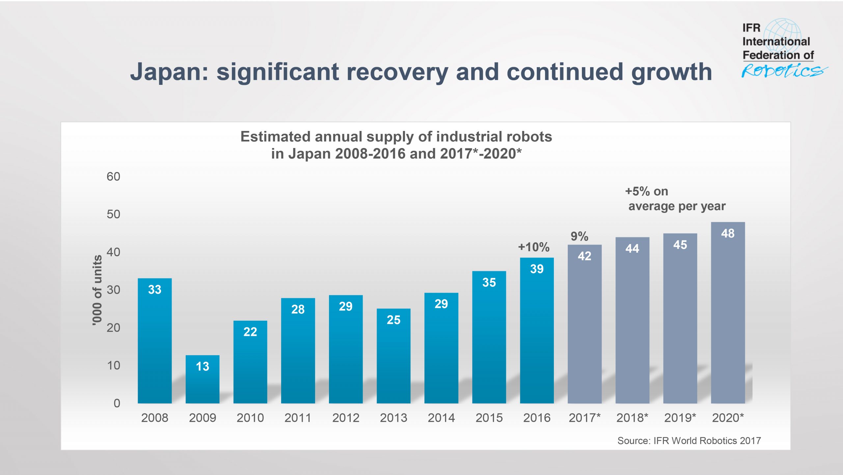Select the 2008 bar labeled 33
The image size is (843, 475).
click(x=154, y=342)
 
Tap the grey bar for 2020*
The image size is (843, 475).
click(x=728, y=316)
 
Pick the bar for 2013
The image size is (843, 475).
click(x=394, y=359)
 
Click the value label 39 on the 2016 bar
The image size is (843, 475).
click(x=537, y=269)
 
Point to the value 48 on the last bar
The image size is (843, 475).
click(x=728, y=234)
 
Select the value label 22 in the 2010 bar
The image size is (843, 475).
click(x=250, y=332)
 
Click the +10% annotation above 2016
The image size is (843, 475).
click(x=534, y=247)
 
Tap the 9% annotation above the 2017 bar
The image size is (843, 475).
click(x=579, y=236)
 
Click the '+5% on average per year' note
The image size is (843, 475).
click(x=675, y=199)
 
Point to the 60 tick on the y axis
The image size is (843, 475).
click(x=113, y=177)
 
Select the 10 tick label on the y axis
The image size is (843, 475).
click(x=113, y=365)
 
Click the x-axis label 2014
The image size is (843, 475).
click(x=441, y=418)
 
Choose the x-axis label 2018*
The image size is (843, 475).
click(x=632, y=418)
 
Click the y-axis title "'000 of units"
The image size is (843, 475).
click(x=97, y=290)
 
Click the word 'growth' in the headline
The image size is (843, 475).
click(x=671, y=72)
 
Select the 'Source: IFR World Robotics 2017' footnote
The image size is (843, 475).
click(x=689, y=440)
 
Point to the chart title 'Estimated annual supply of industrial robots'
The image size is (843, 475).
click(x=396, y=137)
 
